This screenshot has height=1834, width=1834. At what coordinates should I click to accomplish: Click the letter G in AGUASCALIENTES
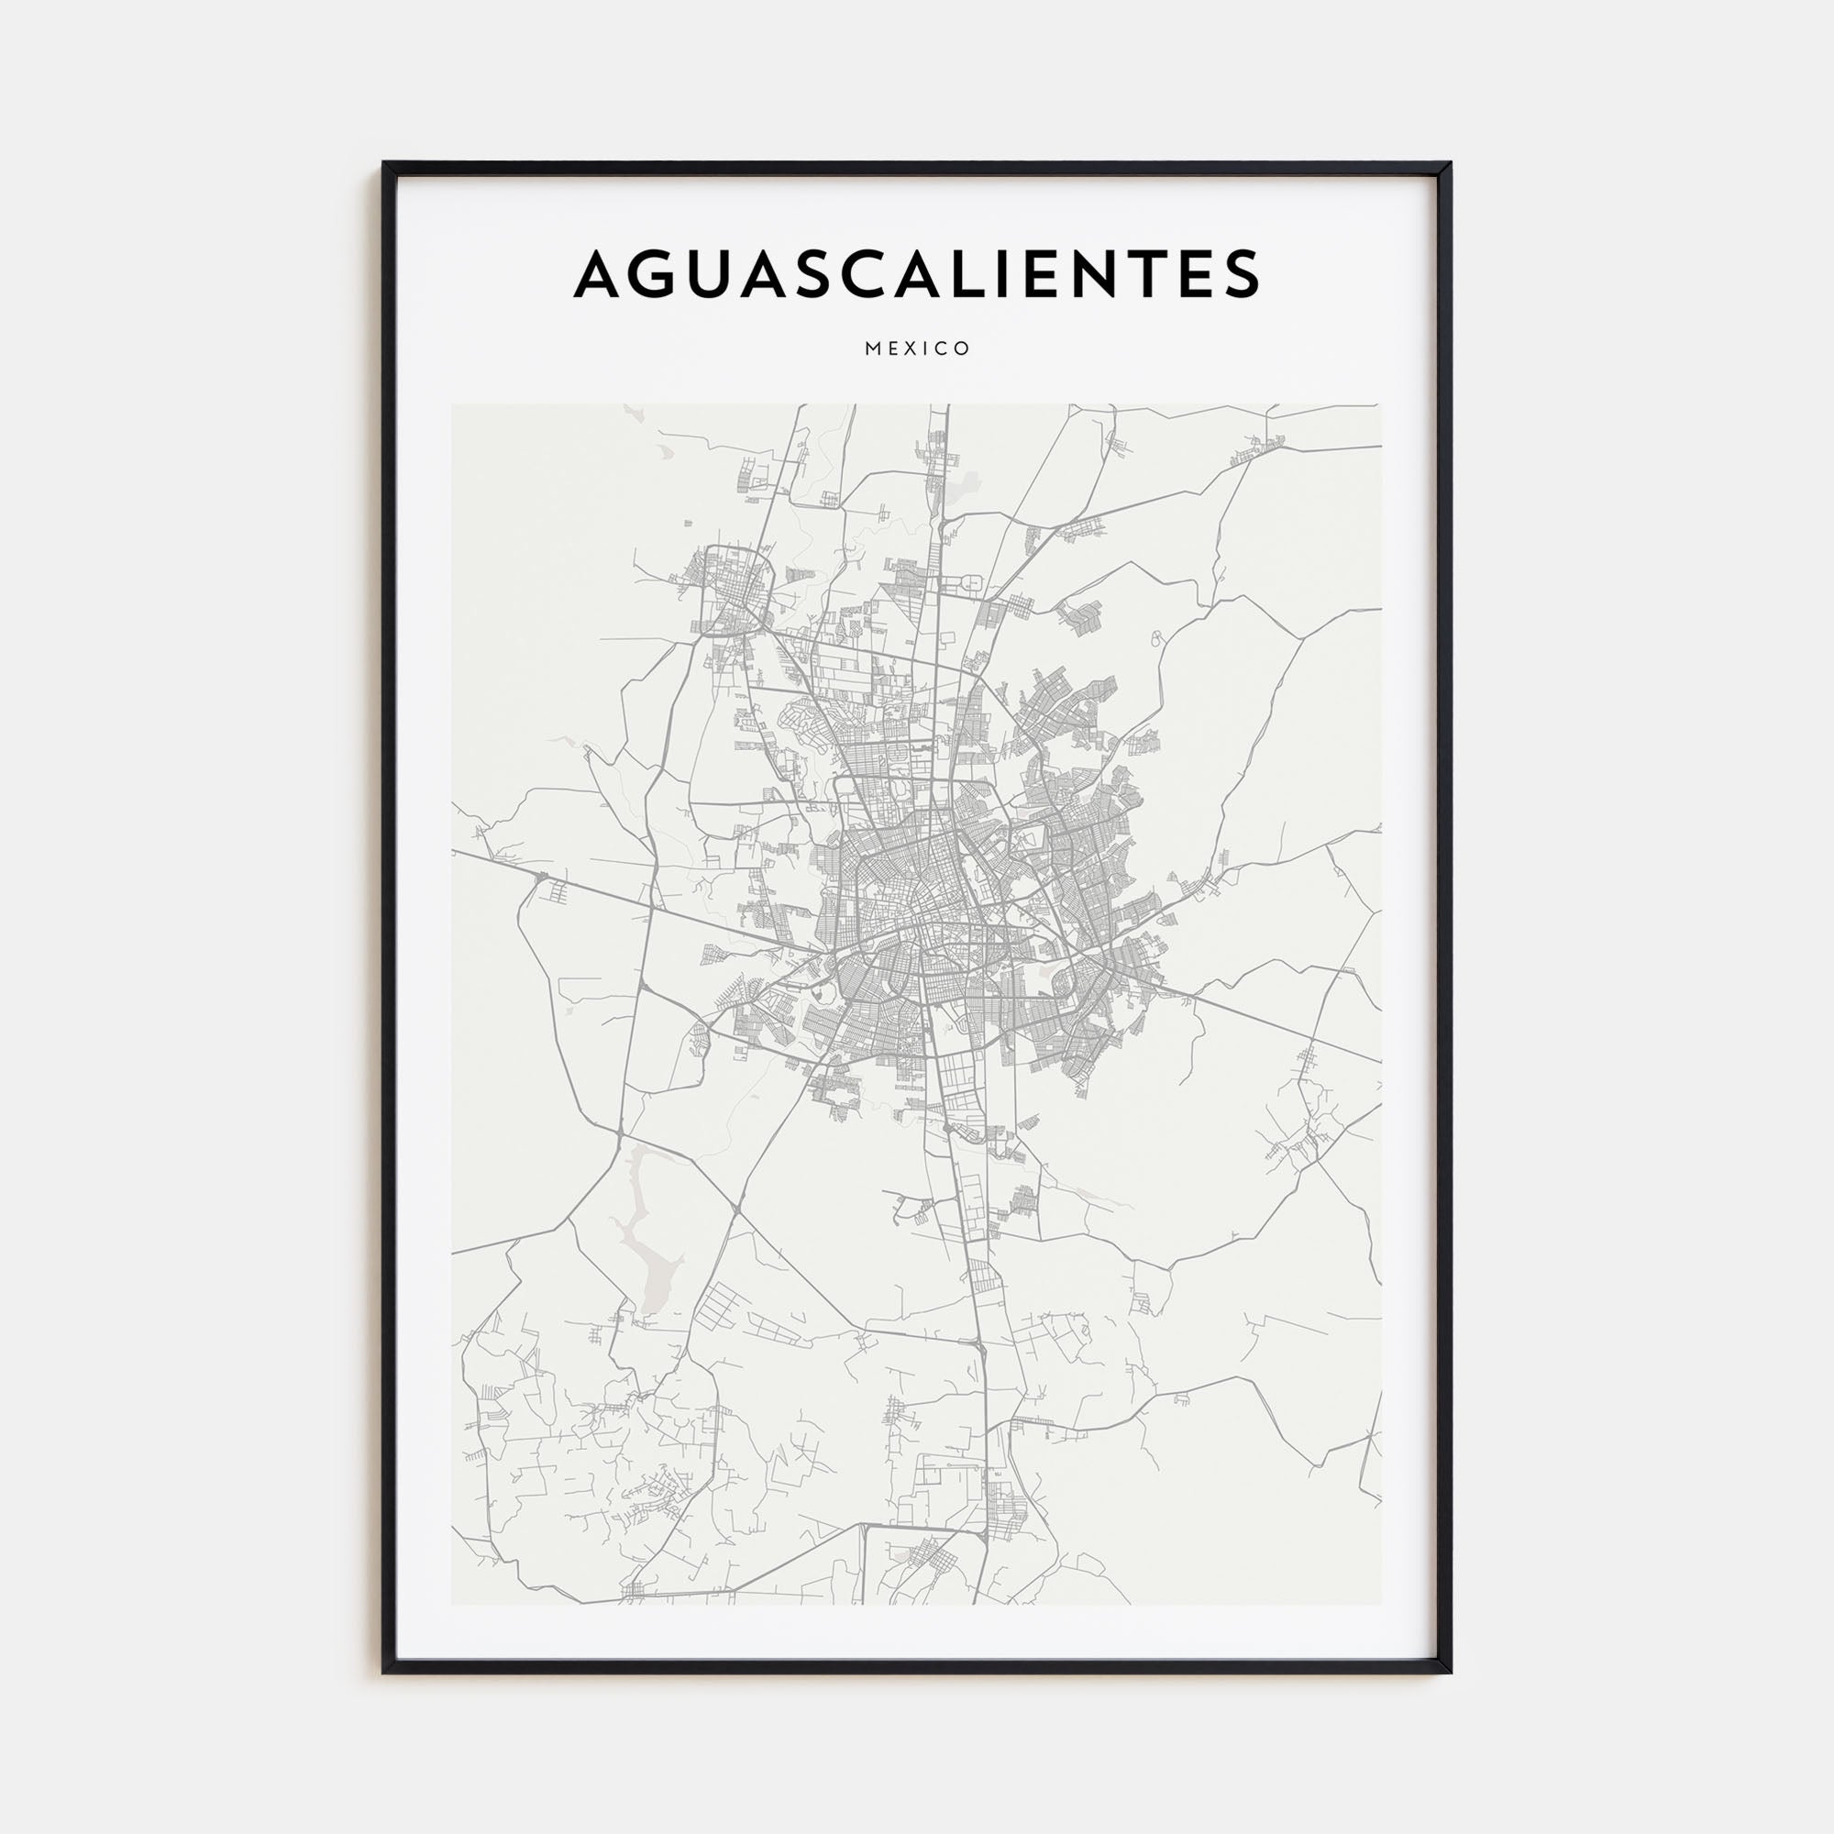(x=663, y=273)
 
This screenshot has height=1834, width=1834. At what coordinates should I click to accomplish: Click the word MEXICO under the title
(x=917, y=348)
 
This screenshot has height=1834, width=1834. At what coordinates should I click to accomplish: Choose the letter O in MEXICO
(x=964, y=348)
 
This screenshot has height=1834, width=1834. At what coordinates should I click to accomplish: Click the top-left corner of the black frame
(x=384, y=164)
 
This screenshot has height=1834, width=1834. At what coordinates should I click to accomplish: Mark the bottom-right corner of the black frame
(x=1450, y=1672)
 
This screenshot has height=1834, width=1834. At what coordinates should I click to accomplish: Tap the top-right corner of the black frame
(x=1450, y=164)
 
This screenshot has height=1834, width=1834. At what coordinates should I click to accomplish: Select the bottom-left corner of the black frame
(x=384, y=1672)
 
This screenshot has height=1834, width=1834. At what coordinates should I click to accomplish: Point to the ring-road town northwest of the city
(x=733, y=589)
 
